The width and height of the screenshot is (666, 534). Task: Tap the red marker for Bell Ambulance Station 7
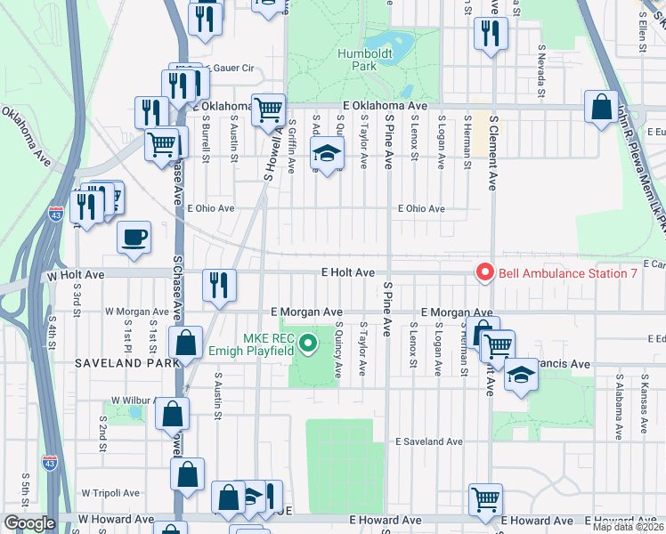(x=485, y=272)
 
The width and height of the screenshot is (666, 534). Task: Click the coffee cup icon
(x=134, y=237)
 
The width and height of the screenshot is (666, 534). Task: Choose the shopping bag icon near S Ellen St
(x=602, y=106)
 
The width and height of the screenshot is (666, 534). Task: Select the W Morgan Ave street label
(x=133, y=311)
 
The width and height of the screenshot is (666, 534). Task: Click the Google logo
(x=28, y=523)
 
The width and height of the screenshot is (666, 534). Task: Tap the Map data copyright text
(x=627, y=527)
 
